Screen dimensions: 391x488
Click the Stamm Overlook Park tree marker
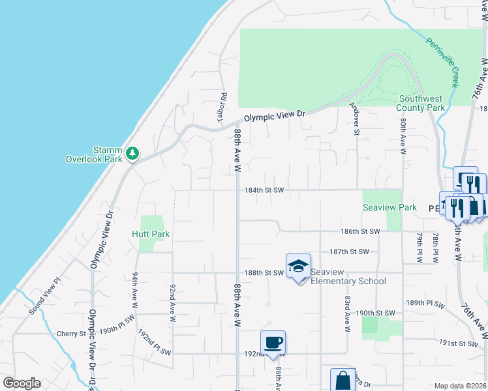point(133,153)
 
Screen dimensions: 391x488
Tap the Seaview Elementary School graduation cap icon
point(297,266)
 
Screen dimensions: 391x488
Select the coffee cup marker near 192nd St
point(273,342)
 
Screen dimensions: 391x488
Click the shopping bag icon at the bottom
point(343,381)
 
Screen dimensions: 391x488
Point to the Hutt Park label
point(150,234)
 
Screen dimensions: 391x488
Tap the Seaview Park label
point(389,207)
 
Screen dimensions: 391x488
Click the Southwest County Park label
point(421,103)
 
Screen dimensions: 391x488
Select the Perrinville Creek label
point(444,62)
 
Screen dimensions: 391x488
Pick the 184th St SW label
point(264,190)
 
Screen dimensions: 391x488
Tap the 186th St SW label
point(359,231)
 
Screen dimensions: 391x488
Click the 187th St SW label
point(349,252)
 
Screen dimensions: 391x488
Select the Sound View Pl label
point(44,297)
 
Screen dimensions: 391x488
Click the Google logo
point(22,383)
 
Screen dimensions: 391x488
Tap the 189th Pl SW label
point(425,304)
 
